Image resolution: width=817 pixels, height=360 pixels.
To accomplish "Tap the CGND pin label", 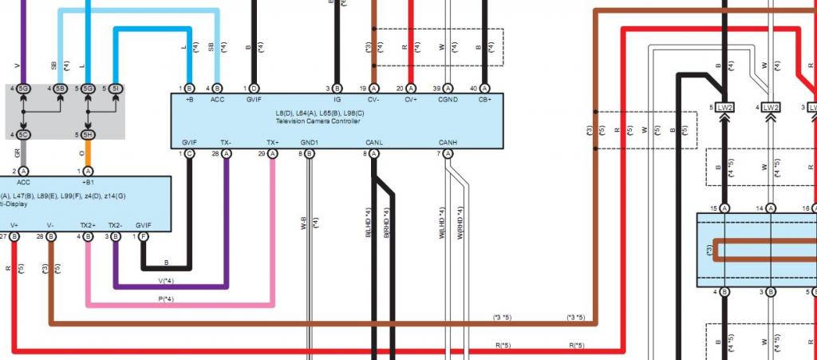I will [448, 100].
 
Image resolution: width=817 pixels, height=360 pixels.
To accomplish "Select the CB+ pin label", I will [485, 100].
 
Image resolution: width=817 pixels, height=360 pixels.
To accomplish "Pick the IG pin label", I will [337, 100].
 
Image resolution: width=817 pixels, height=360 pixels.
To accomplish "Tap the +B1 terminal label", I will [88, 182].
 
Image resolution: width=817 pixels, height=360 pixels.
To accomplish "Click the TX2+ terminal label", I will [87, 225].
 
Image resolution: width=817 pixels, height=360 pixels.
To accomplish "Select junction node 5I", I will [116, 89].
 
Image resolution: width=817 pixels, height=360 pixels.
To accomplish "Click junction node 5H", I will [89, 134].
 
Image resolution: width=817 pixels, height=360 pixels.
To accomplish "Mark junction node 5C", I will [23, 134].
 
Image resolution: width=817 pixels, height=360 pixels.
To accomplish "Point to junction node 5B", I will [60, 89].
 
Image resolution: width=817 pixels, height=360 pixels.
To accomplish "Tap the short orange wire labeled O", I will [88, 153].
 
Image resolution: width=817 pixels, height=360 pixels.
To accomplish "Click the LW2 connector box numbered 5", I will [724, 107].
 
